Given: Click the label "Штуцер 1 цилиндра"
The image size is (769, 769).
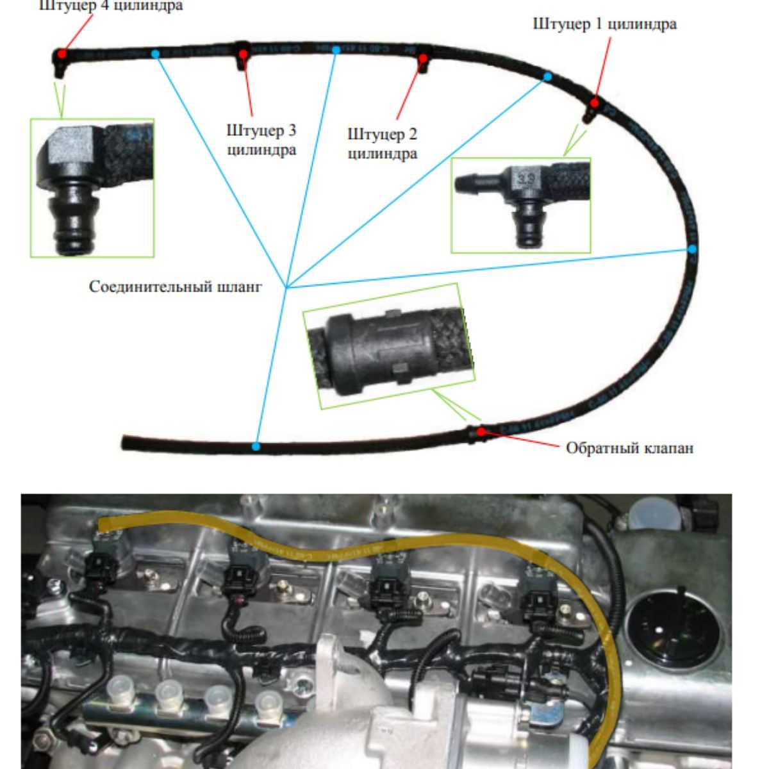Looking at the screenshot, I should (x=604, y=24).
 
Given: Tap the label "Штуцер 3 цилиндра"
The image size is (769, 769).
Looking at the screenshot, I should (x=261, y=140).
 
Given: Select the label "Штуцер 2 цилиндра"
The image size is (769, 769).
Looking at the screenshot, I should (x=382, y=144).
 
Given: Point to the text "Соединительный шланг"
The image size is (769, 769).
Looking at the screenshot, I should (x=175, y=286).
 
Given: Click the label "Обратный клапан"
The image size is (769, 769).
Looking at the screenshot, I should (x=629, y=447).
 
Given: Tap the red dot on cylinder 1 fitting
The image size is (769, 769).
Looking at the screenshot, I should (x=595, y=103).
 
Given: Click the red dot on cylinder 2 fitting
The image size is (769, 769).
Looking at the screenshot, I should (x=423, y=59).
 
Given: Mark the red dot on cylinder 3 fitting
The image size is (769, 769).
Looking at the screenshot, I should (x=244, y=53).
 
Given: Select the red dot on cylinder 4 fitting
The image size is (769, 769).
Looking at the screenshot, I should (x=62, y=53).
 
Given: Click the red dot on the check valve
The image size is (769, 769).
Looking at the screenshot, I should (x=481, y=431).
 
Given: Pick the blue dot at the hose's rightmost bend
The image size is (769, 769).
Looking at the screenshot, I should (x=692, y=248).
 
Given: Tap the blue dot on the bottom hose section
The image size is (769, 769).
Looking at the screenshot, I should (x=256, y=446).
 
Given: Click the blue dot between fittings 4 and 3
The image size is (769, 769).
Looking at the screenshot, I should (x=156, y=54).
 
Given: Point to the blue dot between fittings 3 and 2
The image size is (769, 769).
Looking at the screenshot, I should (x=335, y=49).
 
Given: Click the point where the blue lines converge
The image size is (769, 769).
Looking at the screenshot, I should (x=287, y=286).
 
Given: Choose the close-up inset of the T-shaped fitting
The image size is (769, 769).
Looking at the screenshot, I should (x=520, y=205).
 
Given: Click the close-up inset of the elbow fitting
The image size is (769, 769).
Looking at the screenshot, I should (x=92, y=187).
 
